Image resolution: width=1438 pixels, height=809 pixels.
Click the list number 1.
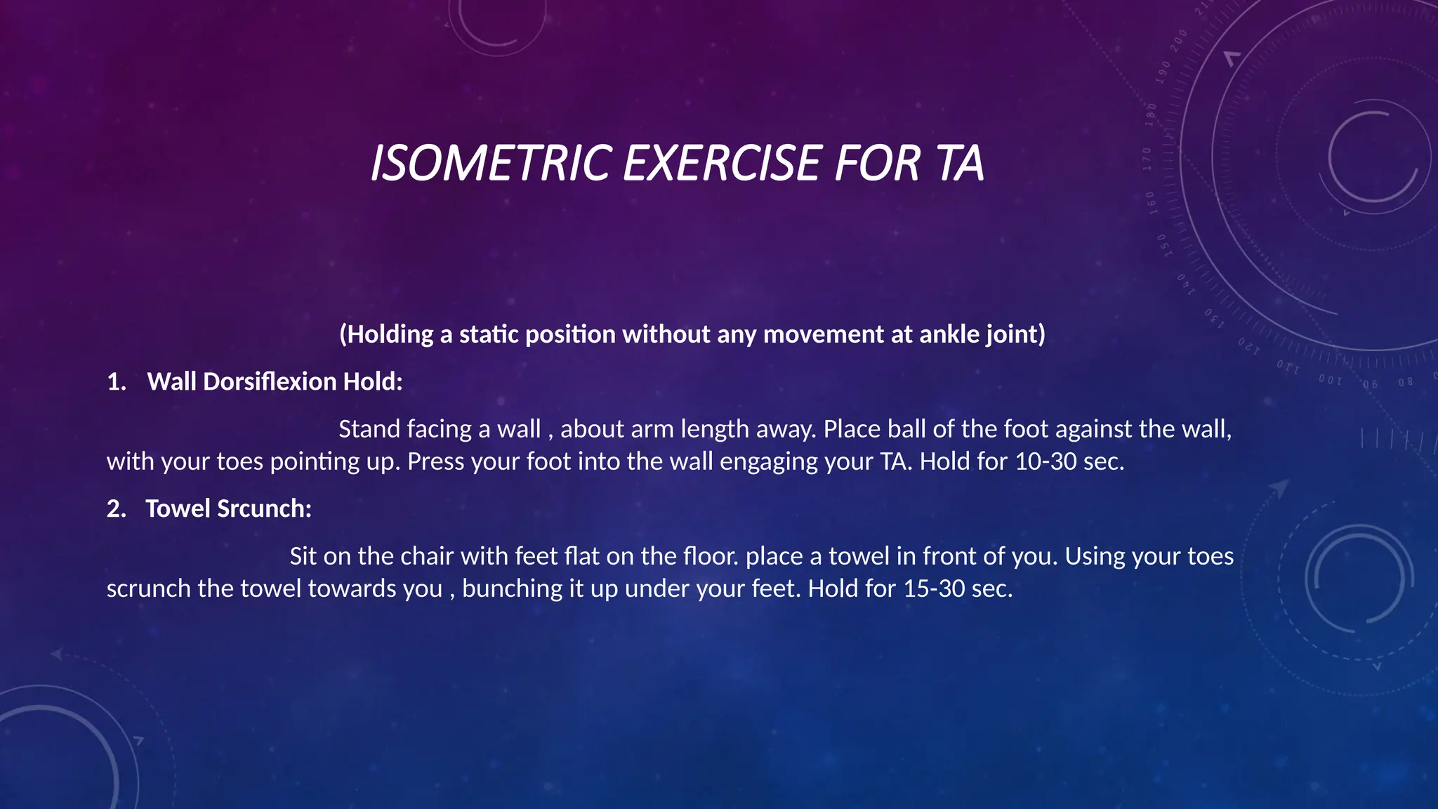[115, 382]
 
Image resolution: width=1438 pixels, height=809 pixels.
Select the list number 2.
[115, 508]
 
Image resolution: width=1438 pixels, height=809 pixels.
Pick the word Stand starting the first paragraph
[369, 429]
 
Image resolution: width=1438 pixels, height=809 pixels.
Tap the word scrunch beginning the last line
[149, 588]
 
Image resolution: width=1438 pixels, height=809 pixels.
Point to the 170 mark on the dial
[1148, 159]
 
